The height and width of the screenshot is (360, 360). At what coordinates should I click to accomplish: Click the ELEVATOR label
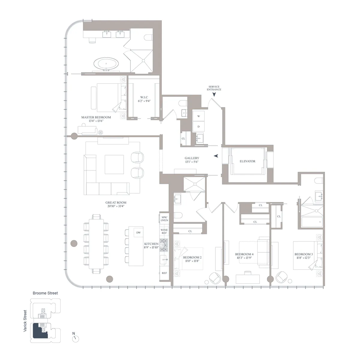pos(247,161)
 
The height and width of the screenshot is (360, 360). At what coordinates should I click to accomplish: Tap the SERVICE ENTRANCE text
pos(214,88)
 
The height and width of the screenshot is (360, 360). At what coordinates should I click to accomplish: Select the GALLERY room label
pos(192,158)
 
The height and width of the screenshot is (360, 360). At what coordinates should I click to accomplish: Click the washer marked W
pos(198,116)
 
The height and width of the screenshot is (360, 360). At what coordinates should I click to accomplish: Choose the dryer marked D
pos(198,126)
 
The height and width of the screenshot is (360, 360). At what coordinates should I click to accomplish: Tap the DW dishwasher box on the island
pos(138,232)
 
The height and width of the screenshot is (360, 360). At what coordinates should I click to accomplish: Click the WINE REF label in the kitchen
pos(164,232)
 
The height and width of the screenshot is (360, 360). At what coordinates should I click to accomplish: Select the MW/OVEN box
pos(164,218)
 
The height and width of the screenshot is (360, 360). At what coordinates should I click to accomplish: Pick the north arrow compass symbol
pos(76,338)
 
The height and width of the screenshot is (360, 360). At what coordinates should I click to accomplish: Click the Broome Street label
pos(45,293)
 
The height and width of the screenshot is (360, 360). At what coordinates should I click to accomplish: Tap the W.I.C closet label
pos(144,97)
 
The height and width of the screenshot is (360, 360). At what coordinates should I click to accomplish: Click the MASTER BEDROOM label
pos(96,117)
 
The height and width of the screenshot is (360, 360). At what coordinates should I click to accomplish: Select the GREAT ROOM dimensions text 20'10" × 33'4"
pos(113,206)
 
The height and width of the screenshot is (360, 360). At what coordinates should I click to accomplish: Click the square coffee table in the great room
pos(114,164)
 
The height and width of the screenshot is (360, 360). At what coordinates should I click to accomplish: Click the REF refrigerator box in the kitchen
pos(164,273)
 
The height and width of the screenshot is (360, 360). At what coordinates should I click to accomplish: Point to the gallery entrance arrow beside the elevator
pos(216,156)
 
